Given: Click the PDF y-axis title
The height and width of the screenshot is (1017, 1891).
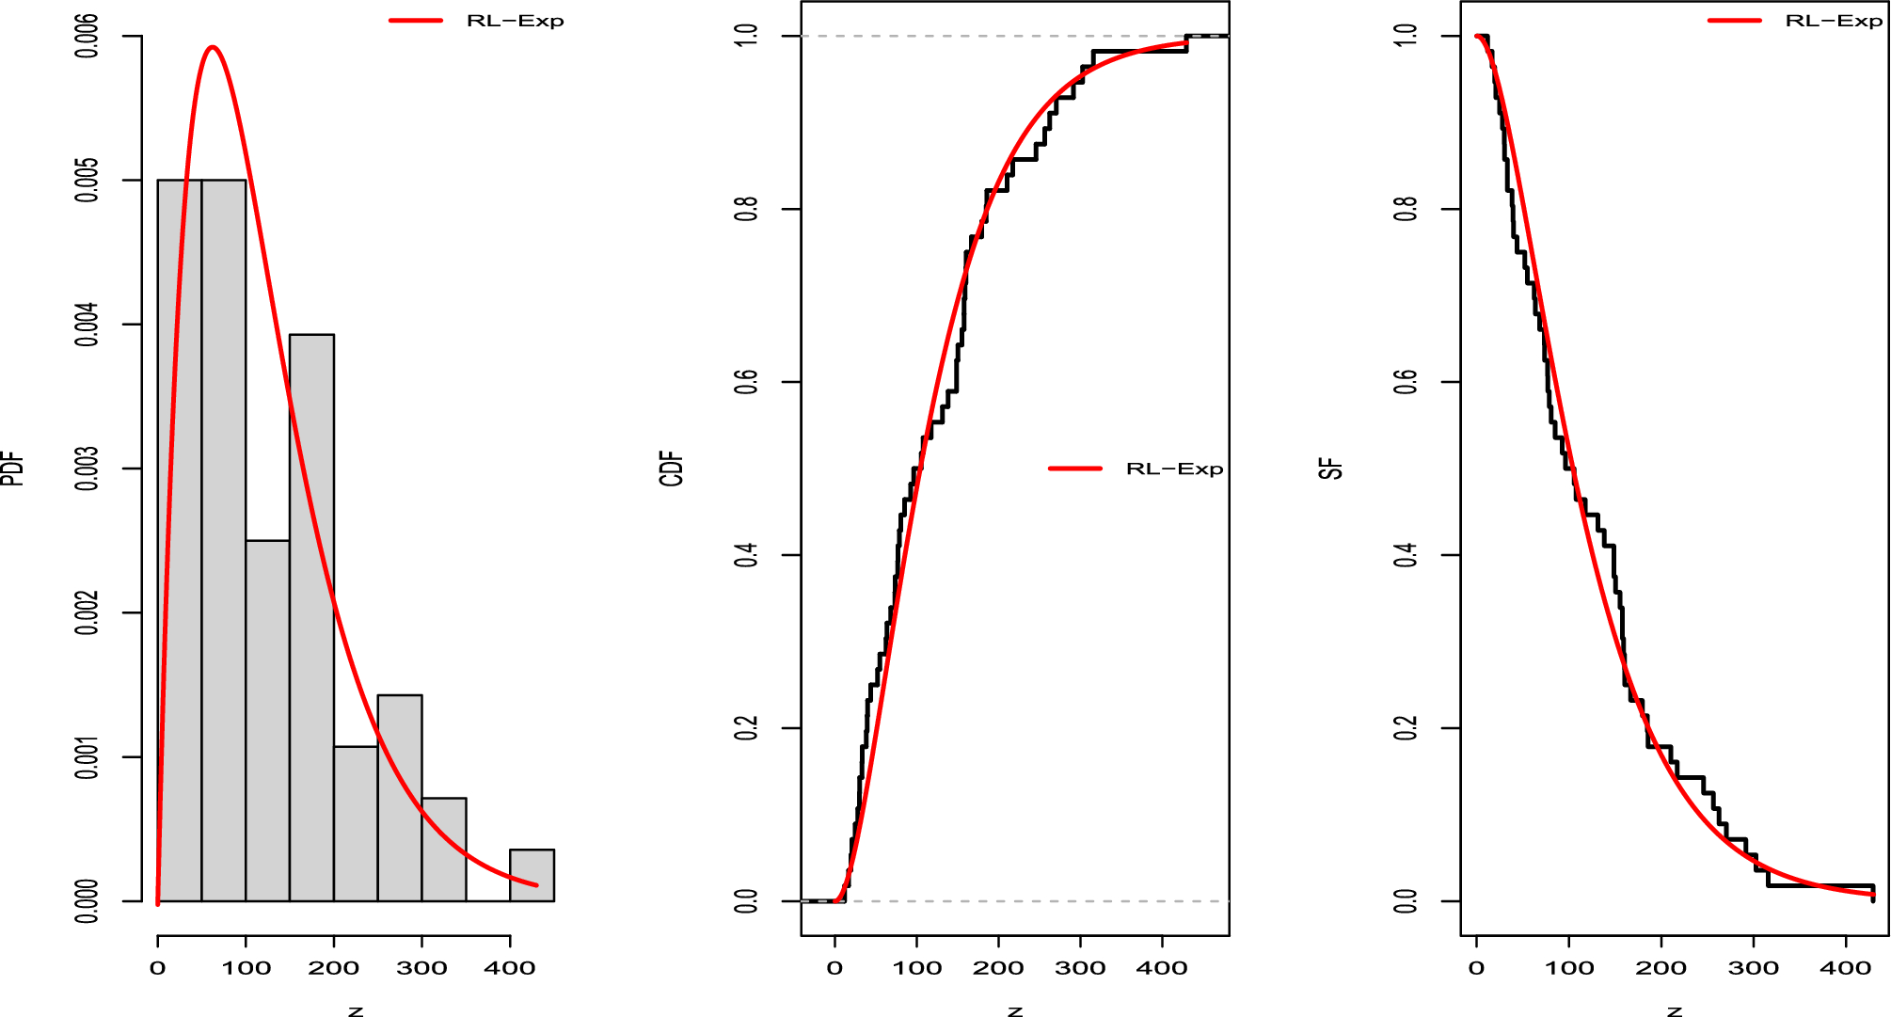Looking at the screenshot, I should tap(12, 469).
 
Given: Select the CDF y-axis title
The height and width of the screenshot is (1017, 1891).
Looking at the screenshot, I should tap(671, 469).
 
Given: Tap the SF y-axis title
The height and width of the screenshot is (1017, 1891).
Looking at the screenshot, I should tap(1330, 469).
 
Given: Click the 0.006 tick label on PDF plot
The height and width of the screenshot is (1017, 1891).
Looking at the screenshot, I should tap(87, 37).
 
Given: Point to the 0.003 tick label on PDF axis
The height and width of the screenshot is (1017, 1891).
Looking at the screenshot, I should tap(87, 469).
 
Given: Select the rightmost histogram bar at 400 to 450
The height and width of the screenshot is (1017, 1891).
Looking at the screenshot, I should tap(532, 876).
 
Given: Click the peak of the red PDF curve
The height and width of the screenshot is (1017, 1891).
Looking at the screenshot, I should tap(213, 47).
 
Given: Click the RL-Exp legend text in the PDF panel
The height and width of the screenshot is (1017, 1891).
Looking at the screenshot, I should tap(515, 21).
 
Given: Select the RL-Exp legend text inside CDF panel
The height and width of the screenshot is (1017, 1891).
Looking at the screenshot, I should tap(1174, 469).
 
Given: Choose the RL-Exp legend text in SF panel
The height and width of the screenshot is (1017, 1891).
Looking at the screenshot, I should tap(1834, 21).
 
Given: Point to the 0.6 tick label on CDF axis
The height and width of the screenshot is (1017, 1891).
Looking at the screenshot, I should tap(746, 382).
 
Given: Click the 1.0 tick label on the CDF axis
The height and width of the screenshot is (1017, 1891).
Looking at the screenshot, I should tap(746, 36).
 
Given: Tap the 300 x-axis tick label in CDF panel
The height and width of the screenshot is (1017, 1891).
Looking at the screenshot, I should tap(1080, 968).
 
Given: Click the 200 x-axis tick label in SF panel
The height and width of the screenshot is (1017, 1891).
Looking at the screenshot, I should tap(1661, 968).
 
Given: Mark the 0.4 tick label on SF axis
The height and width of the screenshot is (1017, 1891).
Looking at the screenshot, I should tap(1406, 555).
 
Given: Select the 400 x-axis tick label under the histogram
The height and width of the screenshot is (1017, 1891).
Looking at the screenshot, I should tap(509, 968).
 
